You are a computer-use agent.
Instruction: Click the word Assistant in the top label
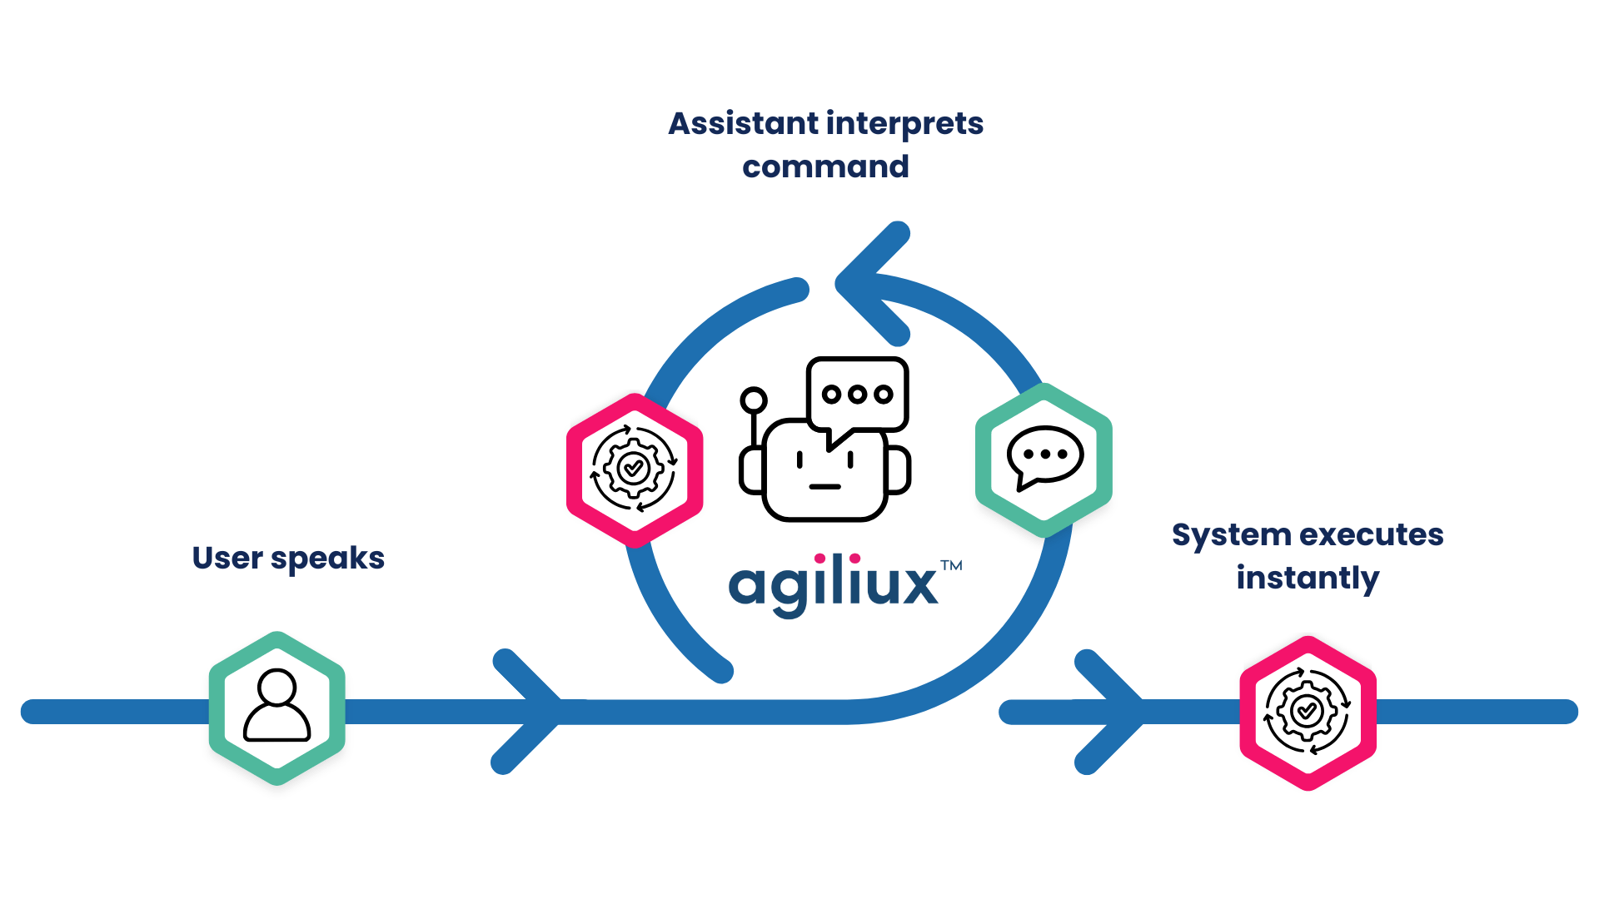744,124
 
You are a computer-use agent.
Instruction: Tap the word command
825,166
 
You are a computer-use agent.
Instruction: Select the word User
227,558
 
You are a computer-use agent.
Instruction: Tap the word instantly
1308,578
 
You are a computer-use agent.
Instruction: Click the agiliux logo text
833,584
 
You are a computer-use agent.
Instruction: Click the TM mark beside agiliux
952,565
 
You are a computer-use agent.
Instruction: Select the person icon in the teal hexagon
277,706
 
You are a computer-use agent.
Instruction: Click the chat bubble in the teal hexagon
1044,458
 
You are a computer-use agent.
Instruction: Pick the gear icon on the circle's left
634,469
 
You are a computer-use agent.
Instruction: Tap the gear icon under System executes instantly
1307,712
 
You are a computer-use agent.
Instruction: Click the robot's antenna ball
753,400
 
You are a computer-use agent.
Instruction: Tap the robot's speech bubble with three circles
858,395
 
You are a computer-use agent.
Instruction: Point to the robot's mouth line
824,486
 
